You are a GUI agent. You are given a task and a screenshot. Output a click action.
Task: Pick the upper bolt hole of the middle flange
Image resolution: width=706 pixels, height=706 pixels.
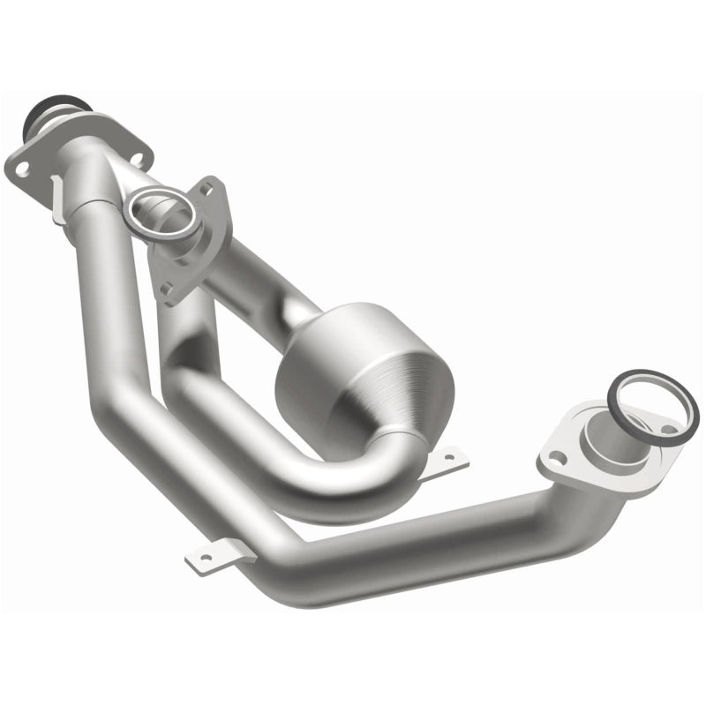point(208,186)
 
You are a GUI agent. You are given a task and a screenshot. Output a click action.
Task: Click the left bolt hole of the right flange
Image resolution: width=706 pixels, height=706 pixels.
point(556,457)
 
